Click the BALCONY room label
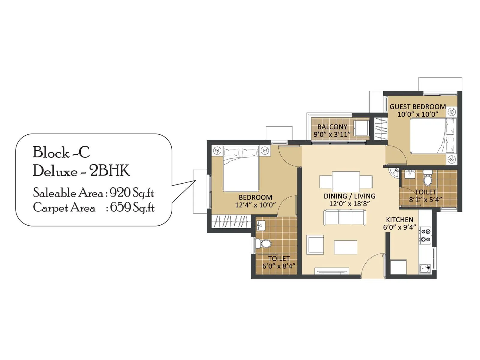click(x=332, y=127)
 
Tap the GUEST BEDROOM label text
click(x=418, y=107)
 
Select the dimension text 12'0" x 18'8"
click(x=349, y=204)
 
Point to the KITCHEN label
click(x=400, y=220)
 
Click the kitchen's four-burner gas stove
click(x=425, y=235)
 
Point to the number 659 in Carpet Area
click(x=120, y=207)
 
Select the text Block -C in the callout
click(x=61, y=152)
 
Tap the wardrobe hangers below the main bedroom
click(x=231, y=222)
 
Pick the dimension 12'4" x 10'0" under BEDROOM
click(x=255, y=205)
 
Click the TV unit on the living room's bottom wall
click(x=332, y=271)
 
